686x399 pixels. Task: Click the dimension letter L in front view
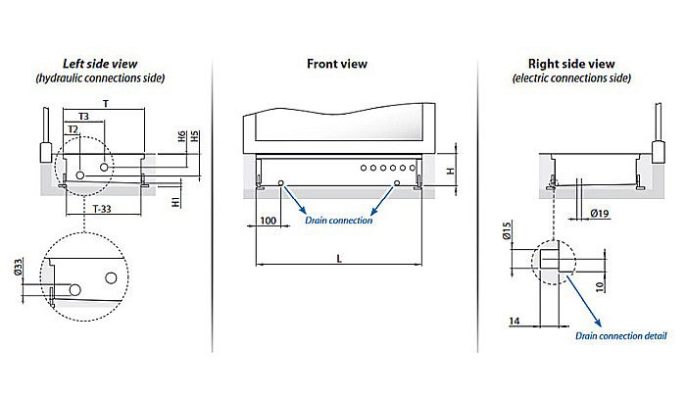(338, 257)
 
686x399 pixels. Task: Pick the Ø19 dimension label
(599, 212)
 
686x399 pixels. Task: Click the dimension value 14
(516, 321)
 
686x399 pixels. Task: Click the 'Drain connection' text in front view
(338, 221)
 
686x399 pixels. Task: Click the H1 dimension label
(176, 202)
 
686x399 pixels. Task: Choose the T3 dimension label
(84, 116)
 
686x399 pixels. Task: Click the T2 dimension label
(73, 129)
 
